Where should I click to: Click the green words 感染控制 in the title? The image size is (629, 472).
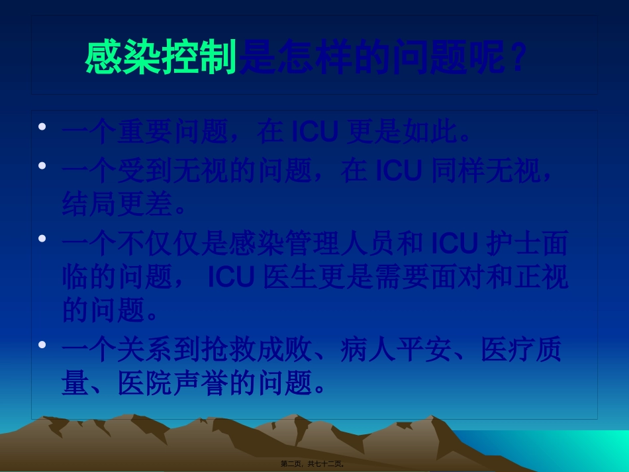[161, 58]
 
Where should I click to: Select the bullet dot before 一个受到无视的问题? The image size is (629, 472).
[42, 164]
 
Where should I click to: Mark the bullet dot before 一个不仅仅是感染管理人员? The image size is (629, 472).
[42, 237]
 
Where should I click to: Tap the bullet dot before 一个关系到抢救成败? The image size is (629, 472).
[42, 344]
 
